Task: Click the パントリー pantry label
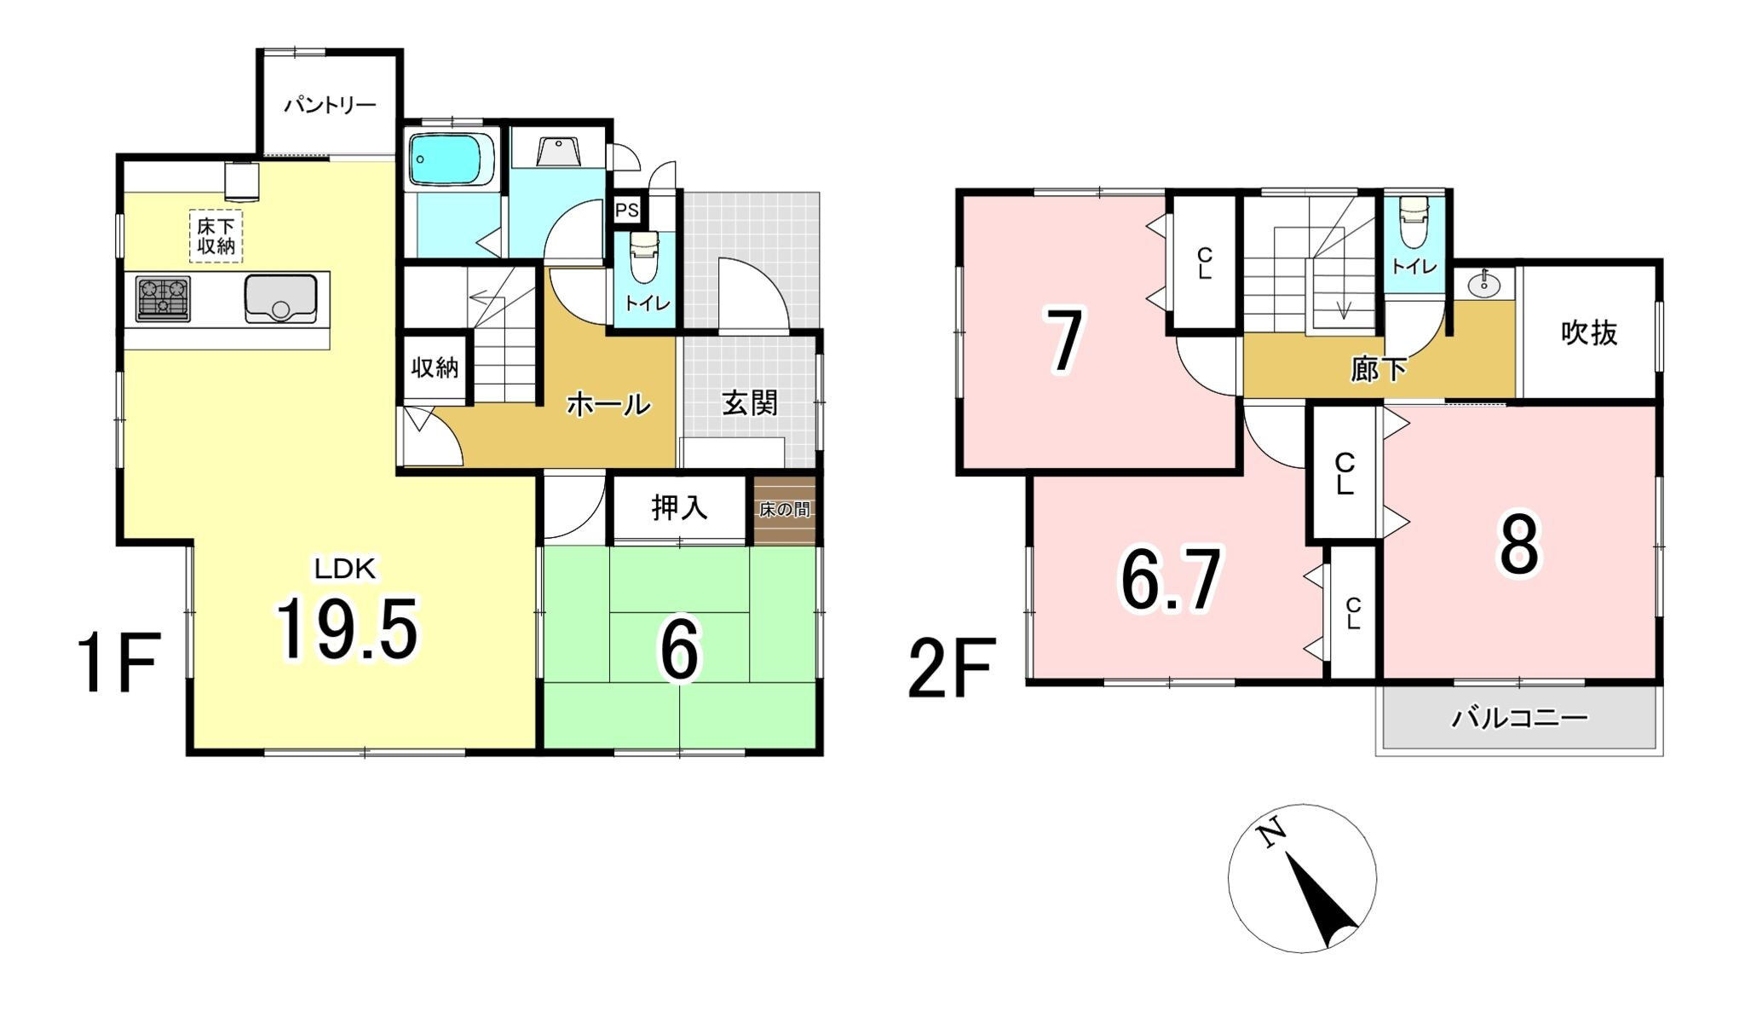coord(330,106)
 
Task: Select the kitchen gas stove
coord(163,299)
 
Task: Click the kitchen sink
coord(280,299)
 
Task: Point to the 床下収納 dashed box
coord(216,236)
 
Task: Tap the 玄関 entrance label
coord(750,402)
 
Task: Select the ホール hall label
coord(608,403)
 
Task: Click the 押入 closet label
coord(679,508)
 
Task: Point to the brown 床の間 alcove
coord(785,510)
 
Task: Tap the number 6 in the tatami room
coord(679,649)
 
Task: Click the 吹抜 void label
coord(1589,333)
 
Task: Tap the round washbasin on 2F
coord(1484,285)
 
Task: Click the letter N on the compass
coord(1273,832)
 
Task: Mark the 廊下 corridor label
coord(1379,369)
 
